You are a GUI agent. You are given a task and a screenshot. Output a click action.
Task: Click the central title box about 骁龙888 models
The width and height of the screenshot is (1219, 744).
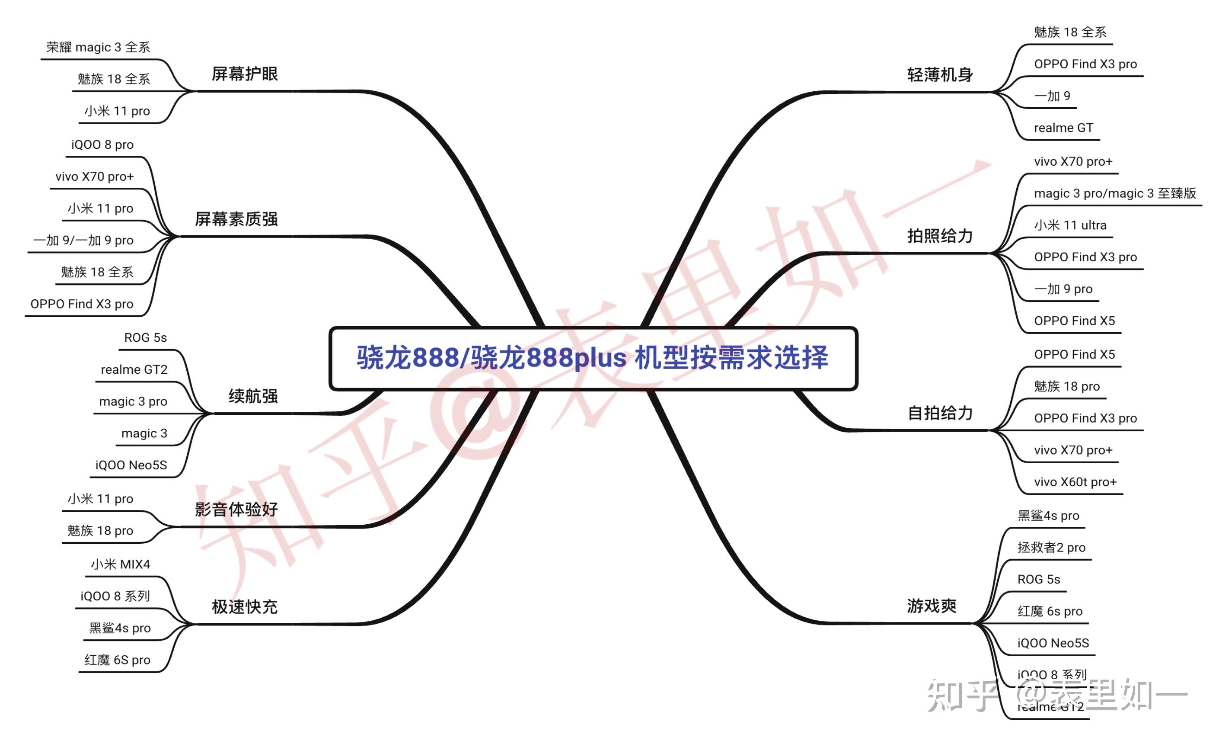pos(593,358)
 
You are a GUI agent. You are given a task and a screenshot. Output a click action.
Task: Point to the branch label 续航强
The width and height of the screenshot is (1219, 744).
pos(253,396)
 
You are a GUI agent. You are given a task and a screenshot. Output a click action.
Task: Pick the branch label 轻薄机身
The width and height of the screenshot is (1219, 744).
pos(940,75)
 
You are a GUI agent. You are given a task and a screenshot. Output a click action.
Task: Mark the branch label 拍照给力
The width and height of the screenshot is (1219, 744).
pos(940,236)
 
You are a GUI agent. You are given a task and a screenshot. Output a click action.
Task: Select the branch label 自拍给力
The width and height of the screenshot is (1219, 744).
pos(940,413)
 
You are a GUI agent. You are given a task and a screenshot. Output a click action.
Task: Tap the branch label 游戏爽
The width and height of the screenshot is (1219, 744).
pos(932,606)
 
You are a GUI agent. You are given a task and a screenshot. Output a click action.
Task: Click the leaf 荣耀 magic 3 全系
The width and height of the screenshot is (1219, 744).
pos(98,48)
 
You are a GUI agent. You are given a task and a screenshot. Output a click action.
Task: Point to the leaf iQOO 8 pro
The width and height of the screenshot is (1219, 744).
pos(102,144)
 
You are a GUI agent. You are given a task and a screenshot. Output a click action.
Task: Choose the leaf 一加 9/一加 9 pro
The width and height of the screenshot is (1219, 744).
pos(83,241)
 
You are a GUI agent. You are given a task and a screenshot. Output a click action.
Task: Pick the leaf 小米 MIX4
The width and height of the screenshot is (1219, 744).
pos(120,564)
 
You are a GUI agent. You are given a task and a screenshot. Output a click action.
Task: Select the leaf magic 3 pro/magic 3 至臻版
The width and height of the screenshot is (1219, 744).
pos(1115,193)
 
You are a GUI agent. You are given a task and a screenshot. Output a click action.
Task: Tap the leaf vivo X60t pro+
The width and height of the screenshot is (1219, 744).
pos(1075,482)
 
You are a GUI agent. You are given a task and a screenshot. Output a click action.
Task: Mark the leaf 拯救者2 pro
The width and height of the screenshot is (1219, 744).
pos(1051,548)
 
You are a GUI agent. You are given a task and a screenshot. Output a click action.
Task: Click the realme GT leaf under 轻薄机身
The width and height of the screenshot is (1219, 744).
pos(1063,128)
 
